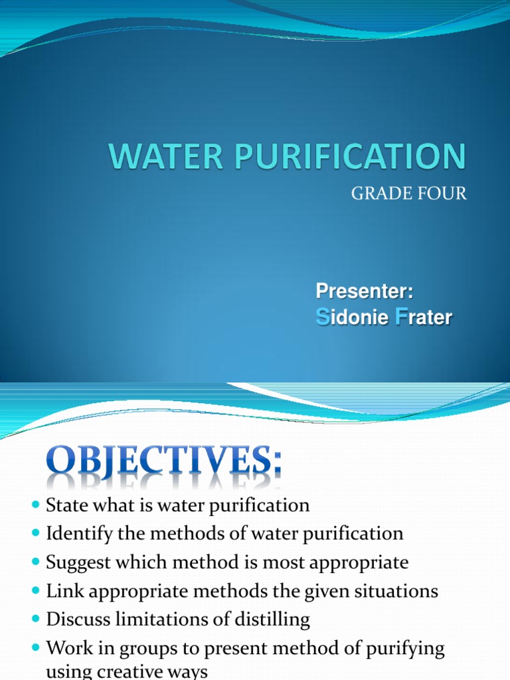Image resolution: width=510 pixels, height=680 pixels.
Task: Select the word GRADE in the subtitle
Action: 377,194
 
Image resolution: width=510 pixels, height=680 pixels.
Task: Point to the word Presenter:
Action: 365,291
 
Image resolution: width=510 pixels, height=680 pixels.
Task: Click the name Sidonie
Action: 351,317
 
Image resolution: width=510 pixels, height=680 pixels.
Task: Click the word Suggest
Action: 74,563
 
